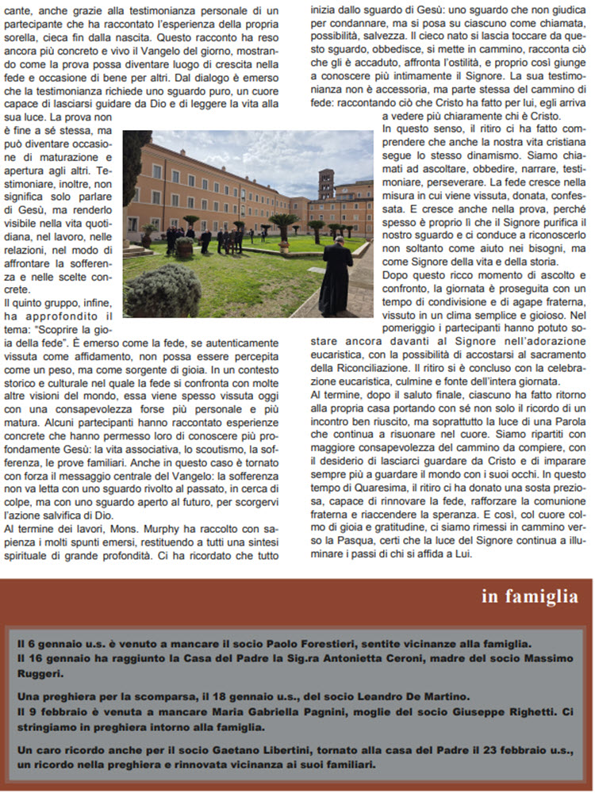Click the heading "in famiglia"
529,596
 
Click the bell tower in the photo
326,187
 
